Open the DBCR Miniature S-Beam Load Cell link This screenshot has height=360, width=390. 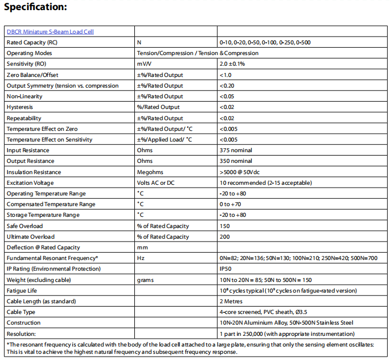click(x=50, y=31)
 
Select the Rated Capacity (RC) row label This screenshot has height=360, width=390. click(x=31, y=42)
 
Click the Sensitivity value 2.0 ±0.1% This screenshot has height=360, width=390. click(x=232, y=64)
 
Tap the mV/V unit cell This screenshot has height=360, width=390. click(x=144, y=64)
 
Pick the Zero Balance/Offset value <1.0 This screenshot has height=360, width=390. click(x=225, y=75)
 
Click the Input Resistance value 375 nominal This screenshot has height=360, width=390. click(x=236, y=151)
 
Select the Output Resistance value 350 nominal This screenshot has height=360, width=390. click(x=236, y=161)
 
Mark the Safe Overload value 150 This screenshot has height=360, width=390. click(x=225, y=226)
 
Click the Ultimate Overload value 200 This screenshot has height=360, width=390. click(x=225, y=237)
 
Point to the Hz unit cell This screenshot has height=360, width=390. click(x=140, y=258)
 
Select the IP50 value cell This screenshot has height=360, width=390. click(x=225, y=269)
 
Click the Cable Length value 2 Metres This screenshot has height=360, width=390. click(x=232, y=301)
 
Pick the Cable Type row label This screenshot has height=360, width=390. click(x=21, y=312)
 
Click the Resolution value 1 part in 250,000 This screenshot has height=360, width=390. click(x=274, y=334)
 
